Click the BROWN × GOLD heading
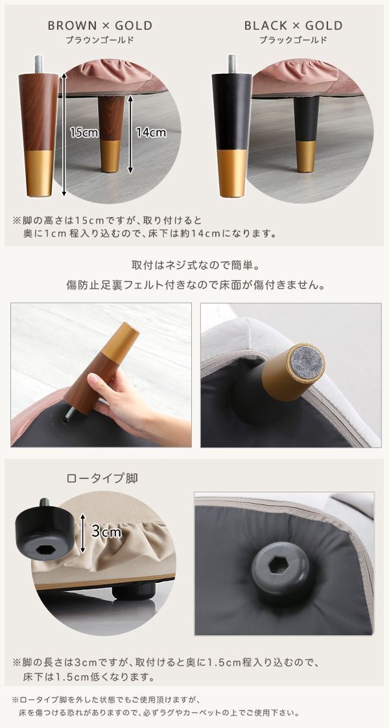100,25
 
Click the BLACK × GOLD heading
294,25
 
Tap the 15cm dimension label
84,133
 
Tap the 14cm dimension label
151,133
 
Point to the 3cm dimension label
106,532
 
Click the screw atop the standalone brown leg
38,64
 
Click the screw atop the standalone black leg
231,64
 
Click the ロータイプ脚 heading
102,478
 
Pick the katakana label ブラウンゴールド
100,40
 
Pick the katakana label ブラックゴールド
294,40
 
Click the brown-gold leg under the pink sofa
111,134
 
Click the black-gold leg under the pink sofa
306,134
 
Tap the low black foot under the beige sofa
134,591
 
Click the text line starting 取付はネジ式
195,266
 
